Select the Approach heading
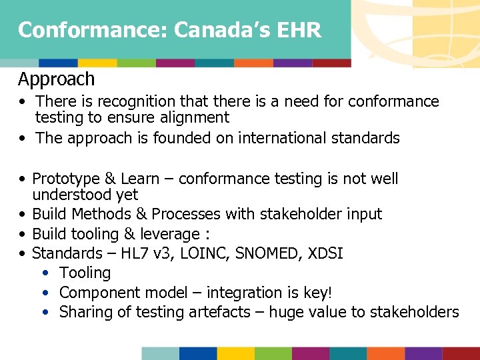(56, 79)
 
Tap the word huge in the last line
(281, 312)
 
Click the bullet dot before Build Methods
(23, 215)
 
